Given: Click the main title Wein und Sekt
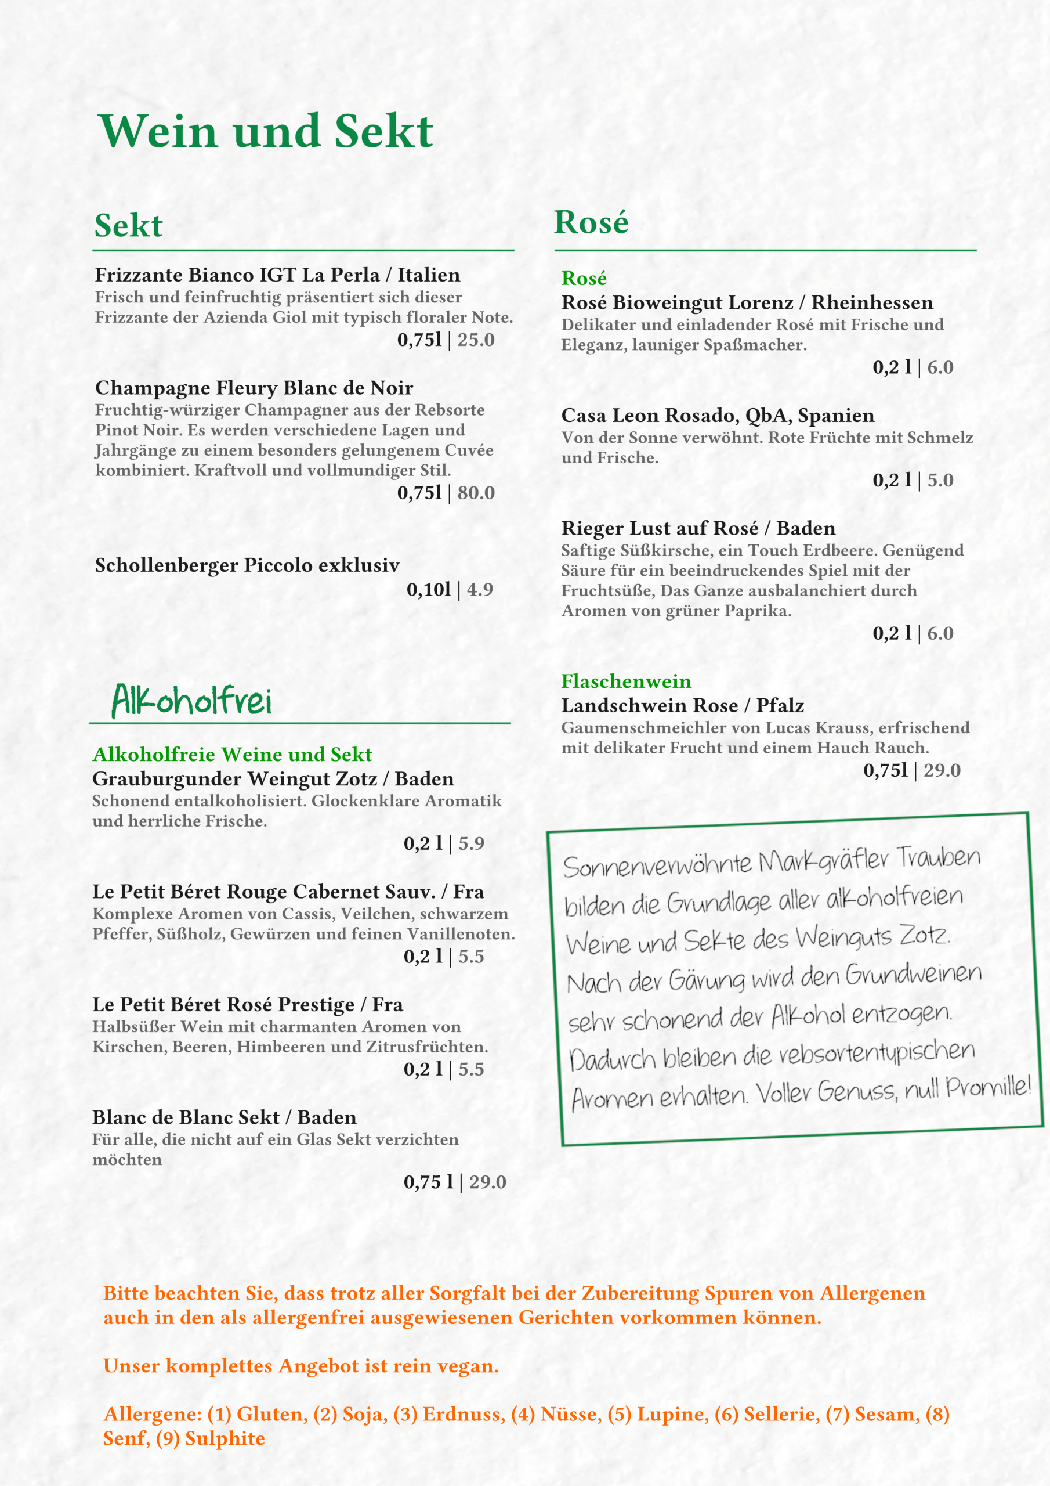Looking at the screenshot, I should (265, 131).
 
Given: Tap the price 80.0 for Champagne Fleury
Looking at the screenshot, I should (476, 493).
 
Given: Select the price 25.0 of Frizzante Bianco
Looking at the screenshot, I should (476, 340).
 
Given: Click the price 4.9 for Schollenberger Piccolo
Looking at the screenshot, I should (479, 590).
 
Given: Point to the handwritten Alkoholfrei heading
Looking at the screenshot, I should (191, 701).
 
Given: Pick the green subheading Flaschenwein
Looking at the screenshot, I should (625, 681).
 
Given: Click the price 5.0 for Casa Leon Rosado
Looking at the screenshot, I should (940, 480).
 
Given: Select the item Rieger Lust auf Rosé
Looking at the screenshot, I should (698, 528).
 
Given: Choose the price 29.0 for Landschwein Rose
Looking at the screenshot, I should (942, 770).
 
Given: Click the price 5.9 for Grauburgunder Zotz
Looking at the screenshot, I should (471, 843).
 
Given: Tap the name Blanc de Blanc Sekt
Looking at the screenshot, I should (224, 1117).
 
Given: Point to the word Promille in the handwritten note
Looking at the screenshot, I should (987, 1088).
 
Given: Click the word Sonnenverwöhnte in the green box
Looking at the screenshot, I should (657, 865).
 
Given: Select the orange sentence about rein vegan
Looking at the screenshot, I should (301, 1366).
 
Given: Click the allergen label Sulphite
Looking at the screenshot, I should (225, 1438).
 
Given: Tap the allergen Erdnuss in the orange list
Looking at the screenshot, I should (463, 1414).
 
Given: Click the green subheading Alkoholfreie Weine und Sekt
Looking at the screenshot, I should (231, 755).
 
